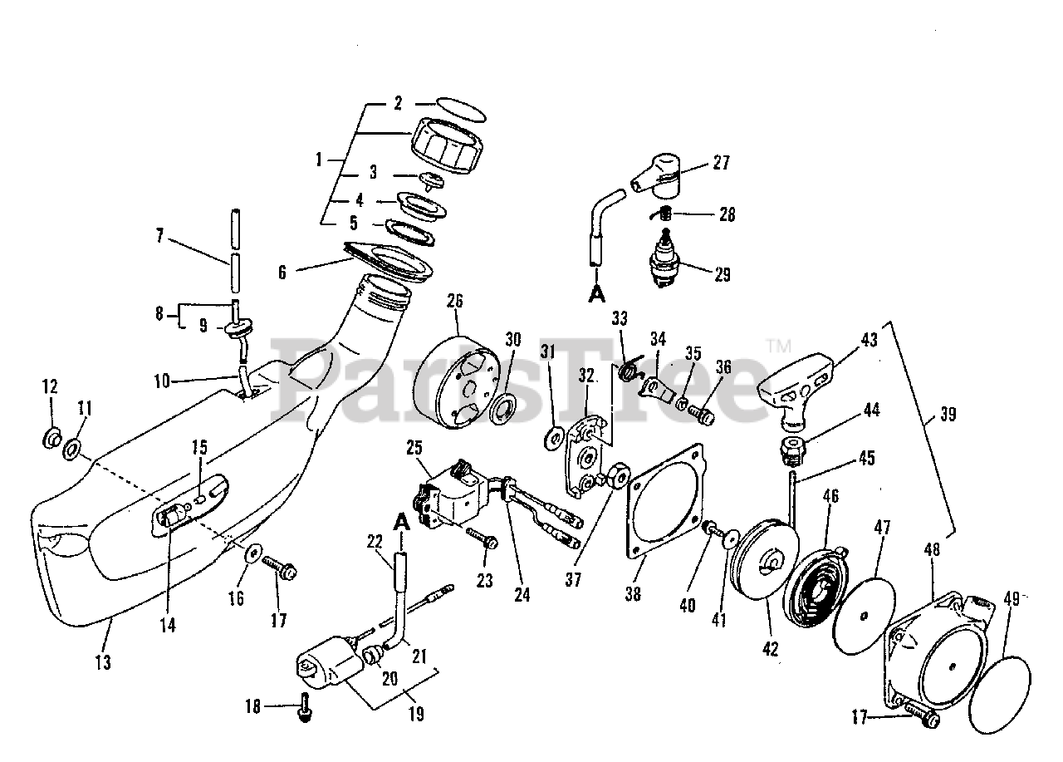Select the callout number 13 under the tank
click(x=103, y=662)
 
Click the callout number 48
click(x=932, y=548)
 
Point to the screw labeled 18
click(x=305, y=707)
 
